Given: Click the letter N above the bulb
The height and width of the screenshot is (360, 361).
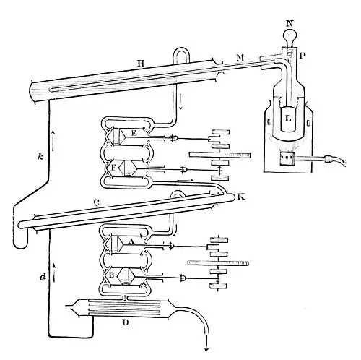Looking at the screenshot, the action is [x=290, y=24].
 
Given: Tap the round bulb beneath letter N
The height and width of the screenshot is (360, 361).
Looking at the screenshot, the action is [x=290, y=37].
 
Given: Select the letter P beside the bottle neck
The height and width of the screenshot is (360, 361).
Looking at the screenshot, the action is [x=303, y=56].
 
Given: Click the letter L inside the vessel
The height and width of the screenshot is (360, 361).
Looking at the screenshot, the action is [x=288, y=119].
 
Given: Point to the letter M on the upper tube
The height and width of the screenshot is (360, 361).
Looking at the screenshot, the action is [x=240, y=58].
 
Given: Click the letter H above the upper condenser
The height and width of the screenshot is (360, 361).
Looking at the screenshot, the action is [x=141, y=64].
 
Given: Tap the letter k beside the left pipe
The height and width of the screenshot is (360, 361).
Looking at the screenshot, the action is [x=40, y=157].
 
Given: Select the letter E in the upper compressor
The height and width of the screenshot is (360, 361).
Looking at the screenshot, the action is [x=134, y=133].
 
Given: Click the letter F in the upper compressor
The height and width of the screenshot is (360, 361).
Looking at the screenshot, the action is [x=114, y=167].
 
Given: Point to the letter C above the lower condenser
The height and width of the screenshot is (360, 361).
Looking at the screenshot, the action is [x=97, y=203].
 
